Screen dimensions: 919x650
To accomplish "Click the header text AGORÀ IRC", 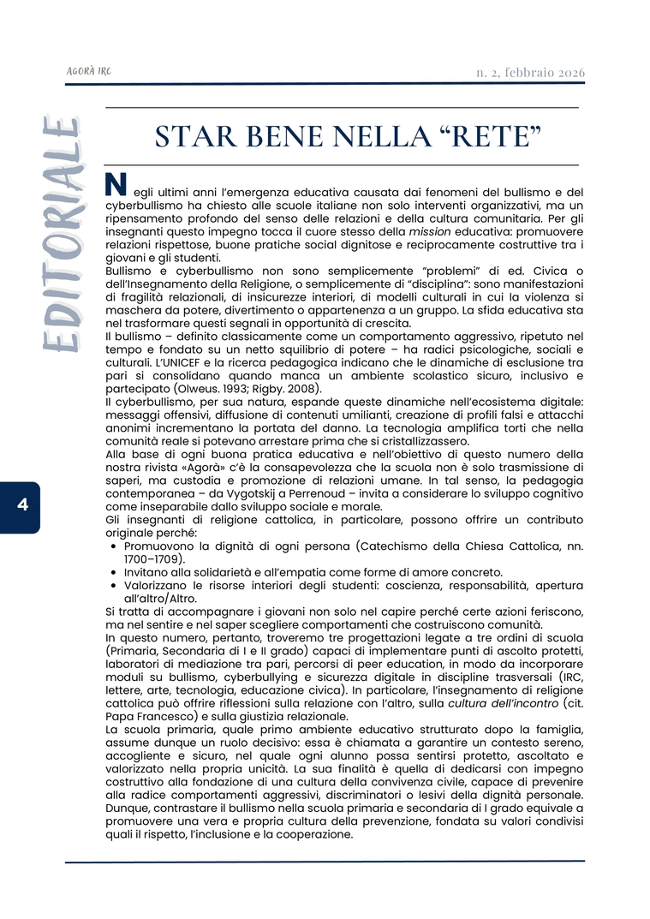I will tap(88, 72).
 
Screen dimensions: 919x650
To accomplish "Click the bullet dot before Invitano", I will tap(114, 572).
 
